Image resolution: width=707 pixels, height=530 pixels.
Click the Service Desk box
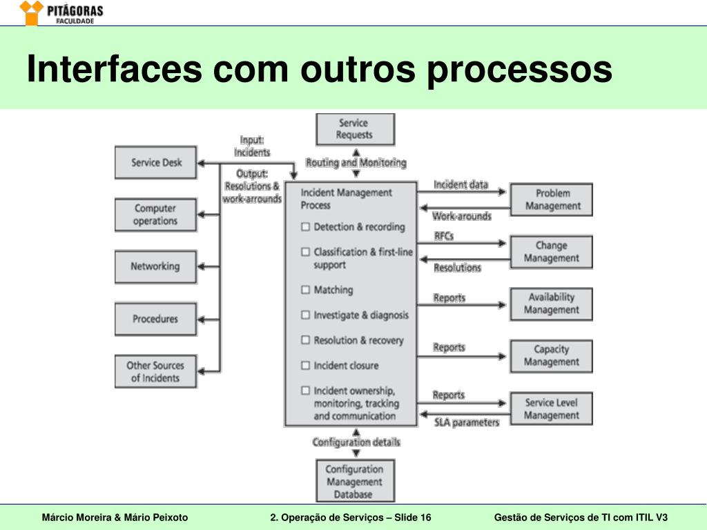[x=156, y=163]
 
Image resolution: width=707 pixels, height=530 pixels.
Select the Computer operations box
[x=156, y=215]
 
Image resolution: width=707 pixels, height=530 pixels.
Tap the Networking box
[x=156, y=266]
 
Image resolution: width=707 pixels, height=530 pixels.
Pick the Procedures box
[x=156, y=319]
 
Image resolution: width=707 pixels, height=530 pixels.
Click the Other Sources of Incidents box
[x=156, y=371]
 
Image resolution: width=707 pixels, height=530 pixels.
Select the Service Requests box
[x=355, y=129]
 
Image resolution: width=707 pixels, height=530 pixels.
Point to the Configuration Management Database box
[x=355, y=481]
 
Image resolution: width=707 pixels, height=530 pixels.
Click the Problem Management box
[x=552, y=199]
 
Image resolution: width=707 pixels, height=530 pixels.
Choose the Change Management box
[x=552, y=252]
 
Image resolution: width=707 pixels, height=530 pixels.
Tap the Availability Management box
[x=552, y=304]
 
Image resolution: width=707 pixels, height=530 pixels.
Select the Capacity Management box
[x=552, y=356]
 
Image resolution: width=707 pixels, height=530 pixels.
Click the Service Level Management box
[x=552, y=409]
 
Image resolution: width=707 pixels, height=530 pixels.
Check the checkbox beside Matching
[x=305, y=290]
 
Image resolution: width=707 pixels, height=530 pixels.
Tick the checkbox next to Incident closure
[x=305, y=365]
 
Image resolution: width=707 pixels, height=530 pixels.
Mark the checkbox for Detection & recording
[x=305, y=227]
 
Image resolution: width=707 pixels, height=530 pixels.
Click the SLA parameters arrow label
[x=466, y=422]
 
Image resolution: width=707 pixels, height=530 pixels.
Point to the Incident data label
[x=461, y=185]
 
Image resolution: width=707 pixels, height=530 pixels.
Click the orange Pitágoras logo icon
[x=31, y=12]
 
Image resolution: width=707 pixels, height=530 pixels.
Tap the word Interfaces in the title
[x=115, y=69]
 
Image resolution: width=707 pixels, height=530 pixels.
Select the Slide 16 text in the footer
[x=413, y=518]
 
